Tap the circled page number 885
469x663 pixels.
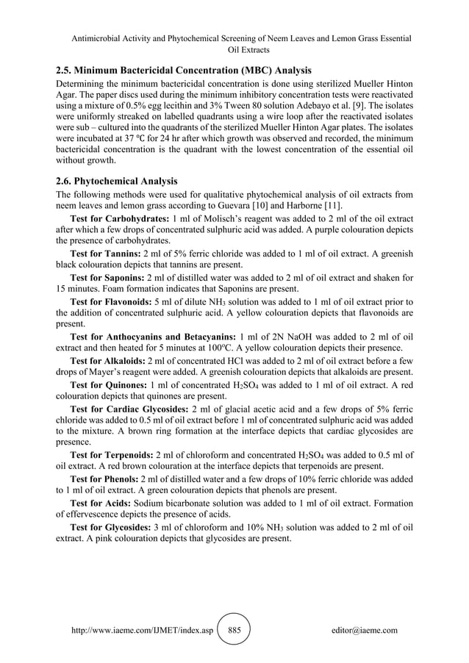[234, 630]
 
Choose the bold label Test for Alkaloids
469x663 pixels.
[107, 359]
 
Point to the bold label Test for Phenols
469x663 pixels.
[104, 479]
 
